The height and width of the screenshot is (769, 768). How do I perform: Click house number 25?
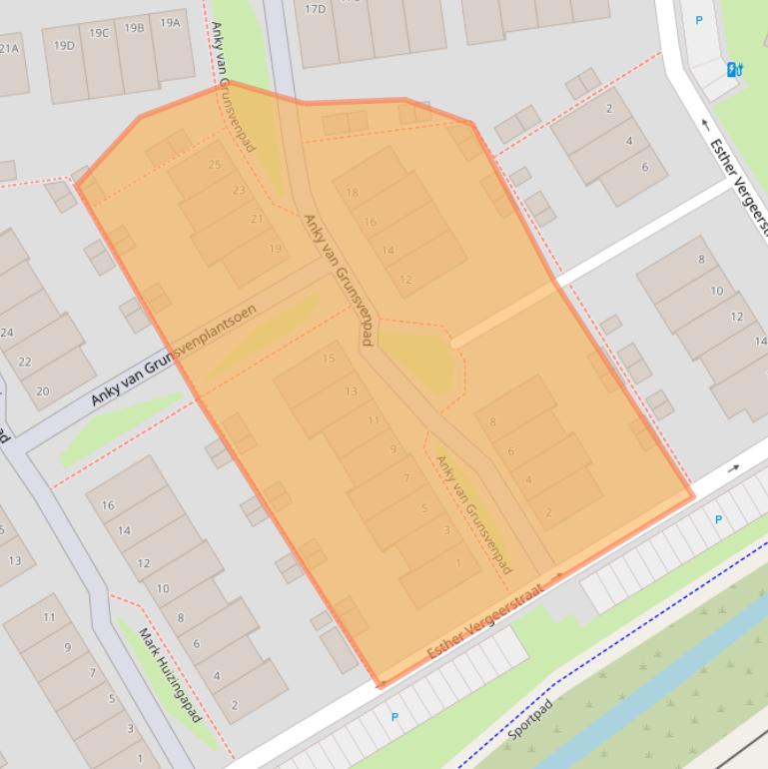click(215, 165)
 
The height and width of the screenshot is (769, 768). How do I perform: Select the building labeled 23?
click(239, 190)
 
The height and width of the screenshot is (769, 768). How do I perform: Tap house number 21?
click(257, 219)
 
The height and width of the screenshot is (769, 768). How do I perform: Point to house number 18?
click(352, 193)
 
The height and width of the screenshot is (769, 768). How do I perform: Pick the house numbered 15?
click(329, 359)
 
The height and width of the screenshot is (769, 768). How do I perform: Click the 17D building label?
click(315, 9)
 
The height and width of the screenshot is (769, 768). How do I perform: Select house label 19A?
click(170, 22)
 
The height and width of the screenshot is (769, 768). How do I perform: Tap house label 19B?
click(134, 28)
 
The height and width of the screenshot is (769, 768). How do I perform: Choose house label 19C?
click(99, 33)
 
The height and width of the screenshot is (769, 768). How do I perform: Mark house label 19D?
click(64, 45)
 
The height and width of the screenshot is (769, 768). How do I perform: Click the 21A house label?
click(9, 48)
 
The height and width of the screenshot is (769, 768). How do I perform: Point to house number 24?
click(7, 333)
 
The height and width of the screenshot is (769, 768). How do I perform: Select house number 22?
click(25, 362)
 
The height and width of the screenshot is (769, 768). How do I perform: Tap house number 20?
click(42, 391)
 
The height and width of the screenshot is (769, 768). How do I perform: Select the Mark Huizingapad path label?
click(169, 675)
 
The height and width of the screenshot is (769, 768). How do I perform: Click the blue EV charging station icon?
click(735, 69)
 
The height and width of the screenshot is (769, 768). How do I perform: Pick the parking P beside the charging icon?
click(699, 20)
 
